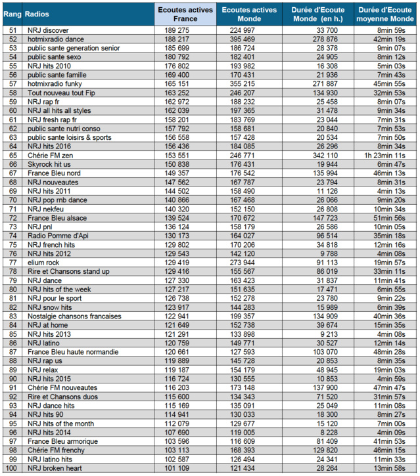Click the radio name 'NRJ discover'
(x=49, y=31)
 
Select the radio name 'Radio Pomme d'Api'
(x=58, y=235)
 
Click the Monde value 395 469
(x=237, y=39)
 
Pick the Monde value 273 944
(x=237, y=262)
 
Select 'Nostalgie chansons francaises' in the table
(x=74, y=316)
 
